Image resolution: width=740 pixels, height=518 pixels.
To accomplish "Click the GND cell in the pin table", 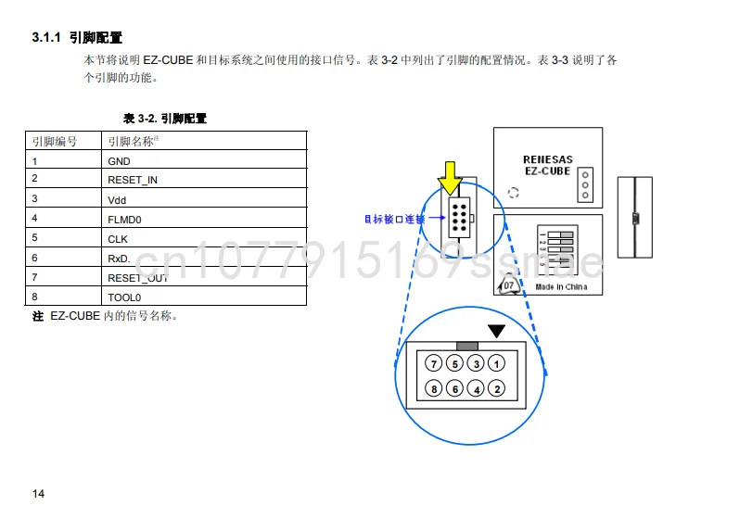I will [119, 160].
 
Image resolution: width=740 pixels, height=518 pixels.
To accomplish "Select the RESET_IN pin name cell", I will [133, 180].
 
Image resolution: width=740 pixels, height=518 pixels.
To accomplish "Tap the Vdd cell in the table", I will [117, 199].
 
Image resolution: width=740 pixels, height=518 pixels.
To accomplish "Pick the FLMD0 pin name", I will [124, 219].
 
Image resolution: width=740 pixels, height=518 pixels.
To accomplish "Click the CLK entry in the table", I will [118, 238].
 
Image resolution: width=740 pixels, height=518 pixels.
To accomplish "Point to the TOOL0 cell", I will [124, 297].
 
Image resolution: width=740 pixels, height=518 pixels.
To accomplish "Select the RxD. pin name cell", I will [119, 259].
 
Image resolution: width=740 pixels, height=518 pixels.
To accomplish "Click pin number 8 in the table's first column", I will [34, 297].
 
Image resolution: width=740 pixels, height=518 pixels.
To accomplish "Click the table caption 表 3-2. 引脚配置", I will [165, 119].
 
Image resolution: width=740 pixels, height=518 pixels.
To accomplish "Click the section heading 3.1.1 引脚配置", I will [77, 38].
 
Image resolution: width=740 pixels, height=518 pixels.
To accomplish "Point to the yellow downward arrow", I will [450, 177].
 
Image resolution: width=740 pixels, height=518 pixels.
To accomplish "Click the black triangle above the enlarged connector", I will [498, 331].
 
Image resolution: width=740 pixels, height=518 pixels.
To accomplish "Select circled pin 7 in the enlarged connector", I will [433, 363].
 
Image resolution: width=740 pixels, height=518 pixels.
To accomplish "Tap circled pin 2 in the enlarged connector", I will [497, 389].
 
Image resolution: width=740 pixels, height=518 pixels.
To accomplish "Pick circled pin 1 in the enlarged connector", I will [497, 363].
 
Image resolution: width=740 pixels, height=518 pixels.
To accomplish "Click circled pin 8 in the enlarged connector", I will [433, 389].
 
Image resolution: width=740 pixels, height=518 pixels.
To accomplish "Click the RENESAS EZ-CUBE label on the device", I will [547, 165].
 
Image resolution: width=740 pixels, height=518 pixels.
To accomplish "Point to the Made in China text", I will [561, 286].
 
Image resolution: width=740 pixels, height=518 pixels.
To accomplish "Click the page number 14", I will [38, 493].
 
